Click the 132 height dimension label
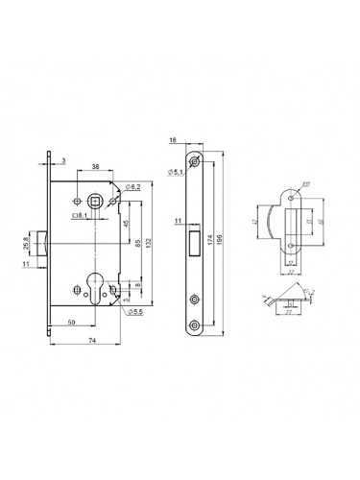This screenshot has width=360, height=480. (x=152, y=227)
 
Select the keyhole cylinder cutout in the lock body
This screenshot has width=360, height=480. (x=94, y=288)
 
